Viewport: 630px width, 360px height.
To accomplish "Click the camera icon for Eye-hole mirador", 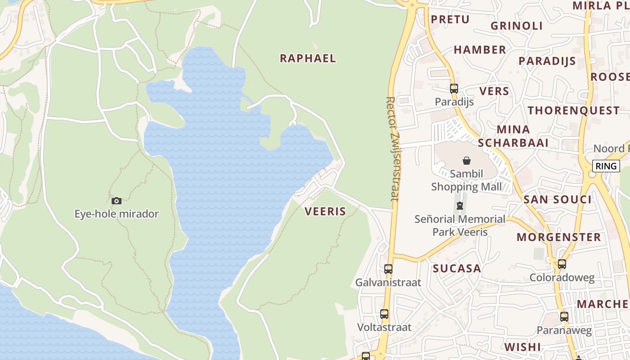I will click(116, 201).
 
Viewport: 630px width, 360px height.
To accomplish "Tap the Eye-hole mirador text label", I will click(117, 214).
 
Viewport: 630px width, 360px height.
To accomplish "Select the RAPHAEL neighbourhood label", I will click(308, 58).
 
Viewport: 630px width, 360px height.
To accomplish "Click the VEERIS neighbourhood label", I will click(325, 211).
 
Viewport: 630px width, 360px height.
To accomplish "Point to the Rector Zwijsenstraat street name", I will click(392, 148).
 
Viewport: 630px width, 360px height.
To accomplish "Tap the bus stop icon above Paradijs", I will click(454, 89).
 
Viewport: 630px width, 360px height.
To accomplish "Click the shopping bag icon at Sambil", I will click(467, 161).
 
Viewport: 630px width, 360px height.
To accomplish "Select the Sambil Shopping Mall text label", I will click(467, 180).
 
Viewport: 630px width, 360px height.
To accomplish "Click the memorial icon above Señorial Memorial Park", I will click(459, 206).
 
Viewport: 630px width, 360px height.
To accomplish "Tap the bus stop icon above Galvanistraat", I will click(388, 269).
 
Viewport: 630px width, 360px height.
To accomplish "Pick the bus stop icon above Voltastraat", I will click(384, 314).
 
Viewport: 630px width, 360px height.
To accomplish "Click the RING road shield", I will click(606, 166).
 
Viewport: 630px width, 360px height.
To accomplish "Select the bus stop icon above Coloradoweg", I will click(562, 264).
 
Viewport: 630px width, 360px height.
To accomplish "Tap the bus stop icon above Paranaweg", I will click(564, 317).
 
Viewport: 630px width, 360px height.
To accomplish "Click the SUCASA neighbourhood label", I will click(457, 269).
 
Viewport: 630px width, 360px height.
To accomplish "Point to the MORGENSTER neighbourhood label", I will click(558, 237).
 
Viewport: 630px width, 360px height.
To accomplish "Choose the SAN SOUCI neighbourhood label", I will click(558, 199).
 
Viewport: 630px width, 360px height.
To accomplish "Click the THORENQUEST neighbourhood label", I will click(573, 110).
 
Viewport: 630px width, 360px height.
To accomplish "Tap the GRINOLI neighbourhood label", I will click(517, 26).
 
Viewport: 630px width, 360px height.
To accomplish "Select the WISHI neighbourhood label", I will click(522, 347).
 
